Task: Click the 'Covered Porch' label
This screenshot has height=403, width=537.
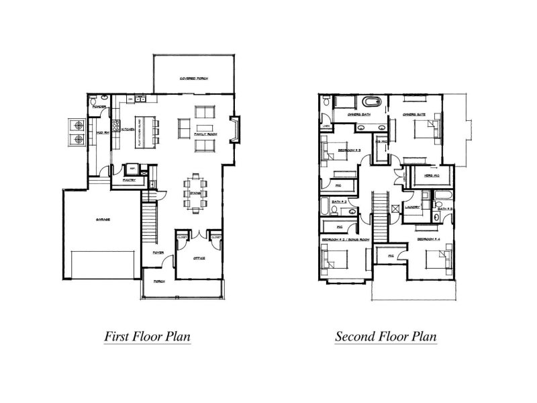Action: [x=193, y=79]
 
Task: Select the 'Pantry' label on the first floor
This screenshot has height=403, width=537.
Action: [x=130, y=180]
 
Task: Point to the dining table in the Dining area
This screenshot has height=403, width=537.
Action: [x=195, y=193]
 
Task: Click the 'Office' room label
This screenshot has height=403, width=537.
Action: [x=199, y=258]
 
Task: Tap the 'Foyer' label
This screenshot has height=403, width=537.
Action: [x=158, y=253]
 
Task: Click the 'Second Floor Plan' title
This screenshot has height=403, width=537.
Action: [x=386, y=335]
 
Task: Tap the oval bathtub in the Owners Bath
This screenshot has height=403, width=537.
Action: [x=371, y=103]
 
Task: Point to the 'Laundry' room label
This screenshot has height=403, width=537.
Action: [x=412, y=207]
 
